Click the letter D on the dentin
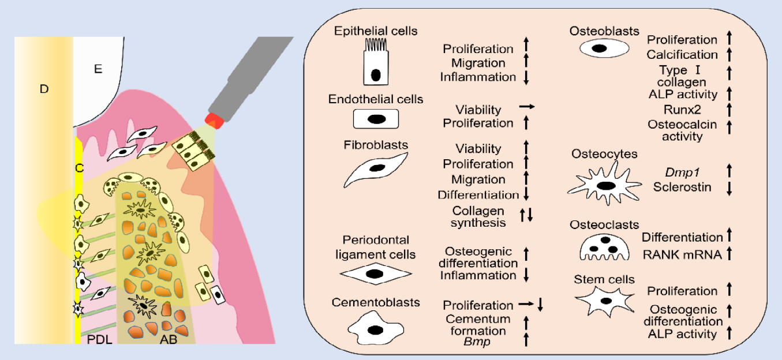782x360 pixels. point(44,89)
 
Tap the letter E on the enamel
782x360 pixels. point(98,69)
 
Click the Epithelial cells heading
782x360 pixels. point(376,31)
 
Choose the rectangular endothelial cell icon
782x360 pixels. point(376,119)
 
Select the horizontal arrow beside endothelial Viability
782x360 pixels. point(527,107)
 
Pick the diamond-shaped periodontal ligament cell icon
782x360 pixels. point(375,273)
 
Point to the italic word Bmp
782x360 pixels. point(476,341)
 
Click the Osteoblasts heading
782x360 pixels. point(604,31)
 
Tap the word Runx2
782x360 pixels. point(682,108)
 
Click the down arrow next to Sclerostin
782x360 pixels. point(729,187)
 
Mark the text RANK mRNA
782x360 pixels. point(682,253)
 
